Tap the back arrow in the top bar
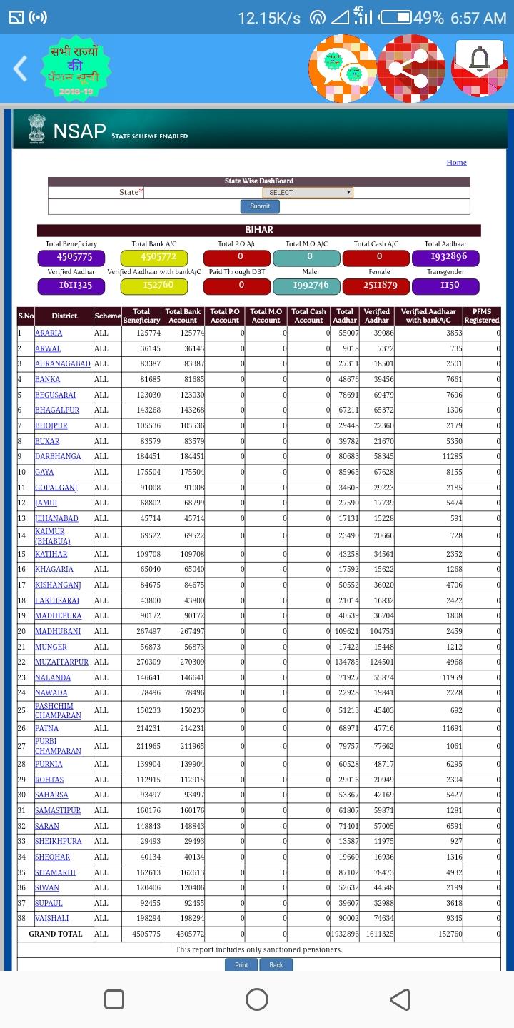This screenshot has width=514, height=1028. pos(21,69)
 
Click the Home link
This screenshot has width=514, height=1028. pos(456,162)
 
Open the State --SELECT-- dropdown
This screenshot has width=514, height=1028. pos(308,192)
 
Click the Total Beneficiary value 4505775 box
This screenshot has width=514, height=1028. pos(71,257)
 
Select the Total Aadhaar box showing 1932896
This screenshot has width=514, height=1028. pos(445,257)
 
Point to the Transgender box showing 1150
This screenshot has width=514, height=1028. pos(445,286)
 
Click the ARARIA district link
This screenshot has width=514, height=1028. pos(49,333)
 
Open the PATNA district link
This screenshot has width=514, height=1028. pos(47,728)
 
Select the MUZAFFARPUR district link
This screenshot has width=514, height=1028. pos(61,662)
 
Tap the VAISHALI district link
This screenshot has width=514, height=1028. pos(51,918)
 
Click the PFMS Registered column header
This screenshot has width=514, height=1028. pos(482,316)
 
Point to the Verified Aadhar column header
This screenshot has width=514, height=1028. pos(377,316)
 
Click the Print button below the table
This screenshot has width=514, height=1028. pos(241,964)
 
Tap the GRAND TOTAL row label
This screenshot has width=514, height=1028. pos(56,934)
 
